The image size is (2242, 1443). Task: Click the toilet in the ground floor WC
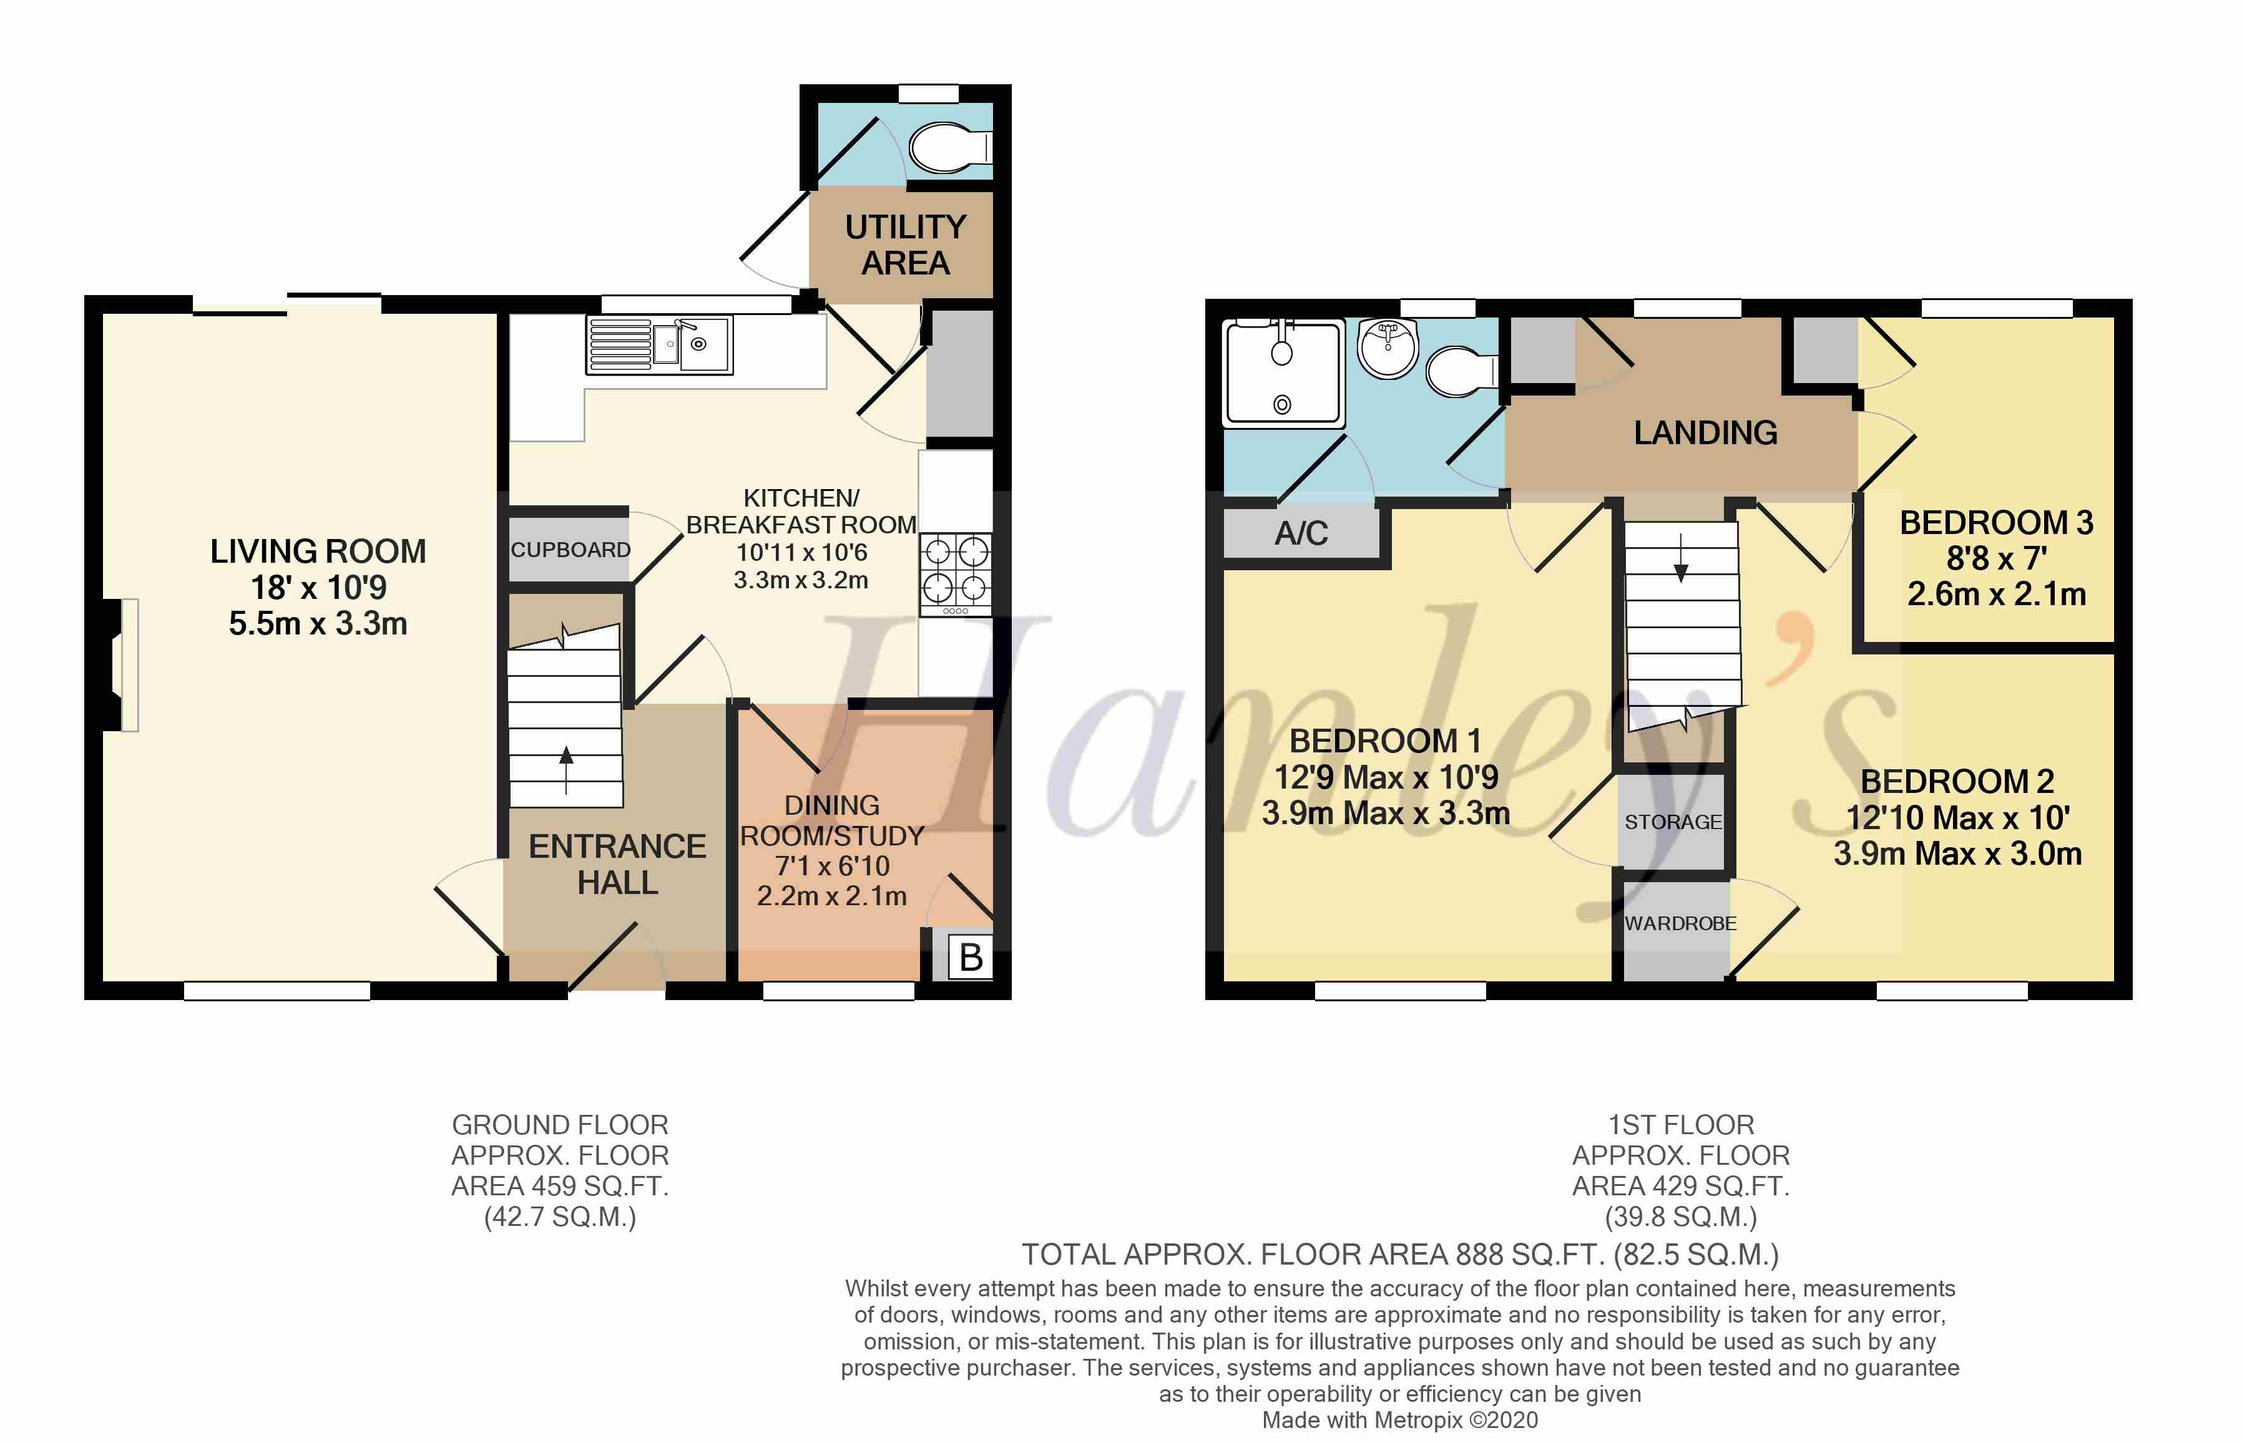pyautogui.click(x=949, y=148)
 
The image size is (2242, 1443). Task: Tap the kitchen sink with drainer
pyautogui.click(x=659, y=345)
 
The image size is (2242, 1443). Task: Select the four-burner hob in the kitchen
pyautogui.click(x=955, y=575)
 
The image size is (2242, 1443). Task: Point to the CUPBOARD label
pyautogui.click(x=570, y=550)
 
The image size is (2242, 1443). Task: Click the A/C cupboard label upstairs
pyautogui.click(x=1301, y=533)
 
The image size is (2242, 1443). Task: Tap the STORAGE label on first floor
pyautogui.click(x=1673, y=822)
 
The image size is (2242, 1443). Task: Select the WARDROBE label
pyautogui.click(x=1680, y=923)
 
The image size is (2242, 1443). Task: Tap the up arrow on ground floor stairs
pyautogui.click(x=566, y=769)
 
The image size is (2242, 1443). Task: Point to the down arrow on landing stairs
pyautogui.click(x=1680, y=558)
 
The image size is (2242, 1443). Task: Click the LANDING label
pyautogui.click(x=1705, y=433)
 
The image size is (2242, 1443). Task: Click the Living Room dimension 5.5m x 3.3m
pyautogui.click(x=318, y=623)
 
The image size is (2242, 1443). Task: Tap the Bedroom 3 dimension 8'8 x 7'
pyautogui.click(x=1997, y=558)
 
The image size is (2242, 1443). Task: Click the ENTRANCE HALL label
pyautogui.click(x=618, y=864)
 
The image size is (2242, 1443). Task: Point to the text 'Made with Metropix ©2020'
pyautogui.click(x=1399, y=1419)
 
